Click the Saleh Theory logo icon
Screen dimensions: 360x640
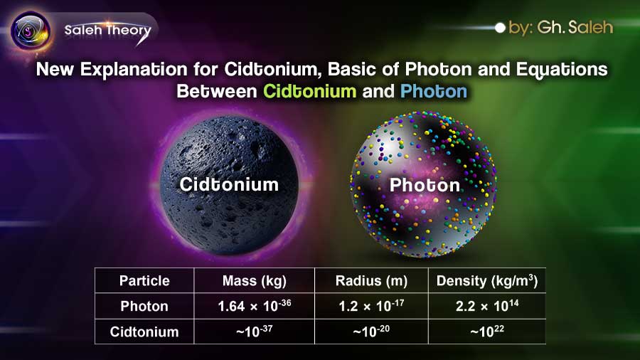[30, 31]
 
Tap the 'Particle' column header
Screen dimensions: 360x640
[144, 280]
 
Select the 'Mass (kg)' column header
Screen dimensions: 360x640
[255, 280]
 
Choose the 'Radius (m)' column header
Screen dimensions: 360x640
[371, 280]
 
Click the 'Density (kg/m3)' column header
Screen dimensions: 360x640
[486, 280]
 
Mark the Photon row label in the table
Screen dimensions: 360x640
[144, 306]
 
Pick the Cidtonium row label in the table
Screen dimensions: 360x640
[144, 332]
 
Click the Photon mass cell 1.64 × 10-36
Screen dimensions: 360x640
[255, 306]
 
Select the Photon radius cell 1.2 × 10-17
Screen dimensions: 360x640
[371, 306]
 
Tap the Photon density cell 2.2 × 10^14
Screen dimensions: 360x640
[486, 306]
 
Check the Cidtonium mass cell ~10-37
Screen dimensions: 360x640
[255, 332]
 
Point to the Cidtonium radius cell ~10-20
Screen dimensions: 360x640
[371, 332]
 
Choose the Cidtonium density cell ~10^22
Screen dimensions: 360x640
[486, 332]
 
